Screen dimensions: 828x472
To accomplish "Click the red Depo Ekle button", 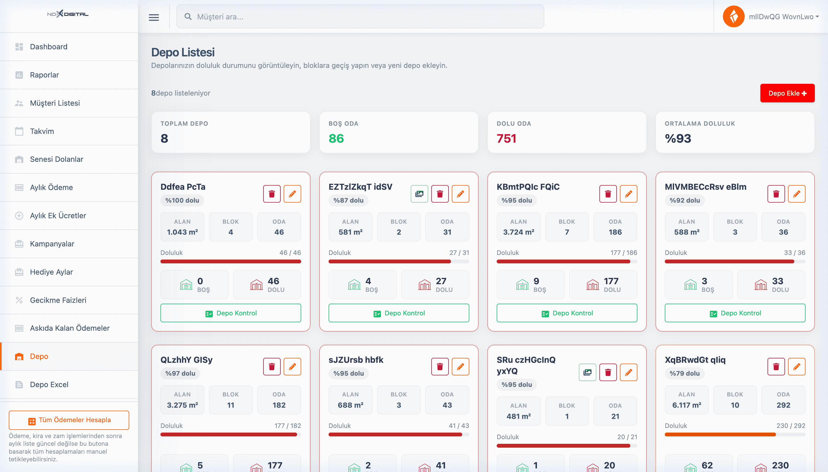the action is coord(787,93).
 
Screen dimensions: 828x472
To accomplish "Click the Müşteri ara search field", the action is coord(360,16).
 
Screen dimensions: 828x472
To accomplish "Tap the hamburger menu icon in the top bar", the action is coord(154,17).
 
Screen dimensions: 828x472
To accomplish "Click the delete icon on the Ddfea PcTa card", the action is coord(272,194).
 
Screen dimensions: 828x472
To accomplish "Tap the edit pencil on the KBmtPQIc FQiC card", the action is coord(628,194).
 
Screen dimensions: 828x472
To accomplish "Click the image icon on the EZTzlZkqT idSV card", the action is coord(419,194).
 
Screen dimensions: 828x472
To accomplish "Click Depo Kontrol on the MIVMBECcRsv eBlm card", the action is coord(735,313).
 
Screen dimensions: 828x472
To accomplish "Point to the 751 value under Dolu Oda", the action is coord(506,139).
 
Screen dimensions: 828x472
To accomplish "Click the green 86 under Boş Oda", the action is coord(336,139).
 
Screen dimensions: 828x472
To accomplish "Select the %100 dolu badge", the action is coord(182,200).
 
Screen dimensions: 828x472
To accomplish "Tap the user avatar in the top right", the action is coord(733,16).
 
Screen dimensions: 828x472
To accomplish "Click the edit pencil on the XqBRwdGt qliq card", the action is coord(797,367).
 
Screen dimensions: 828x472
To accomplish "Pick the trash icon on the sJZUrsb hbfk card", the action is coord(440,367).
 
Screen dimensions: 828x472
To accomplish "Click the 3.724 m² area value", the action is coord(518,232).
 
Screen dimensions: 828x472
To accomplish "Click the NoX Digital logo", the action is coord(68,14).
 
